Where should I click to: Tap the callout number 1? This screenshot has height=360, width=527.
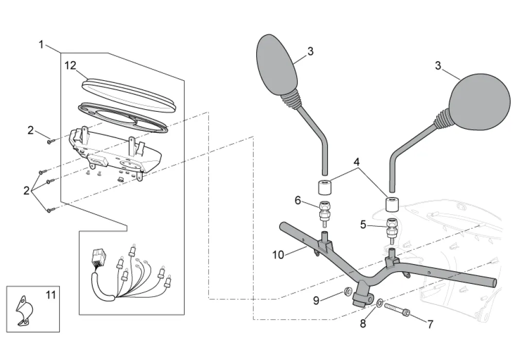click(41, 44)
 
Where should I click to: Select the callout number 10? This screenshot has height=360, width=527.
click(278, 254)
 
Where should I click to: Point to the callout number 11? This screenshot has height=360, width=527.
click(50, 295)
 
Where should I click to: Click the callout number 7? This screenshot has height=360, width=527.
click(430, 324)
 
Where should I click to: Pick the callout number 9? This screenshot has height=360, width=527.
click(316, 300)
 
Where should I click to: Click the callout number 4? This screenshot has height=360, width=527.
click(356, 161)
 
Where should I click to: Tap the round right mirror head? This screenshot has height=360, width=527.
click(480, 101)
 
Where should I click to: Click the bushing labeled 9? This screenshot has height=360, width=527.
click(348, 292)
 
